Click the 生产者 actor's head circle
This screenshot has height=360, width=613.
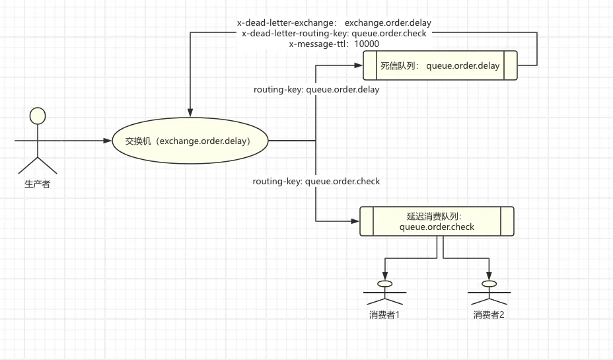pos(38,116)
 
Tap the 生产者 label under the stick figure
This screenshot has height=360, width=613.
pos(37,184)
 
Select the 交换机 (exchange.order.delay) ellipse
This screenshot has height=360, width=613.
pos(190,141)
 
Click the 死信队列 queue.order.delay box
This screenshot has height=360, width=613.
pos(440,66)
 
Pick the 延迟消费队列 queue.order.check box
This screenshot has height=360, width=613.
pos(437,221)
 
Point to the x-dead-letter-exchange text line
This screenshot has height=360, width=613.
pos(334,22)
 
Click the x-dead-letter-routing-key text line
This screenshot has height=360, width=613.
pos(334,33)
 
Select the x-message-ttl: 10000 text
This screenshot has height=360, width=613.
pos(334,44)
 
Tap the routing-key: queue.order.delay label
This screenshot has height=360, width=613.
pos(316,90)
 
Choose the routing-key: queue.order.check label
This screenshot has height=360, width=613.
pos(316,181)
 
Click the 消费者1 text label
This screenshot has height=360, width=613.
pos(384,314)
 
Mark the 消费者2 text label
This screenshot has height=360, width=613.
pos(489,314)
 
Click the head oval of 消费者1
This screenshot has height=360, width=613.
pos(384,284)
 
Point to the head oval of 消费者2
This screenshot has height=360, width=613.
pos(489,284)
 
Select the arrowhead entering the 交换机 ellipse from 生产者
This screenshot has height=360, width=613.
pos(107,141)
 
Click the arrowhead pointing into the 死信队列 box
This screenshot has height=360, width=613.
pos(358,65)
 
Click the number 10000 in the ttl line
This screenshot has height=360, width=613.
pos(367,44)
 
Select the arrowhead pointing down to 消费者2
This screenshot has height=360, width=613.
pos(489,275)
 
